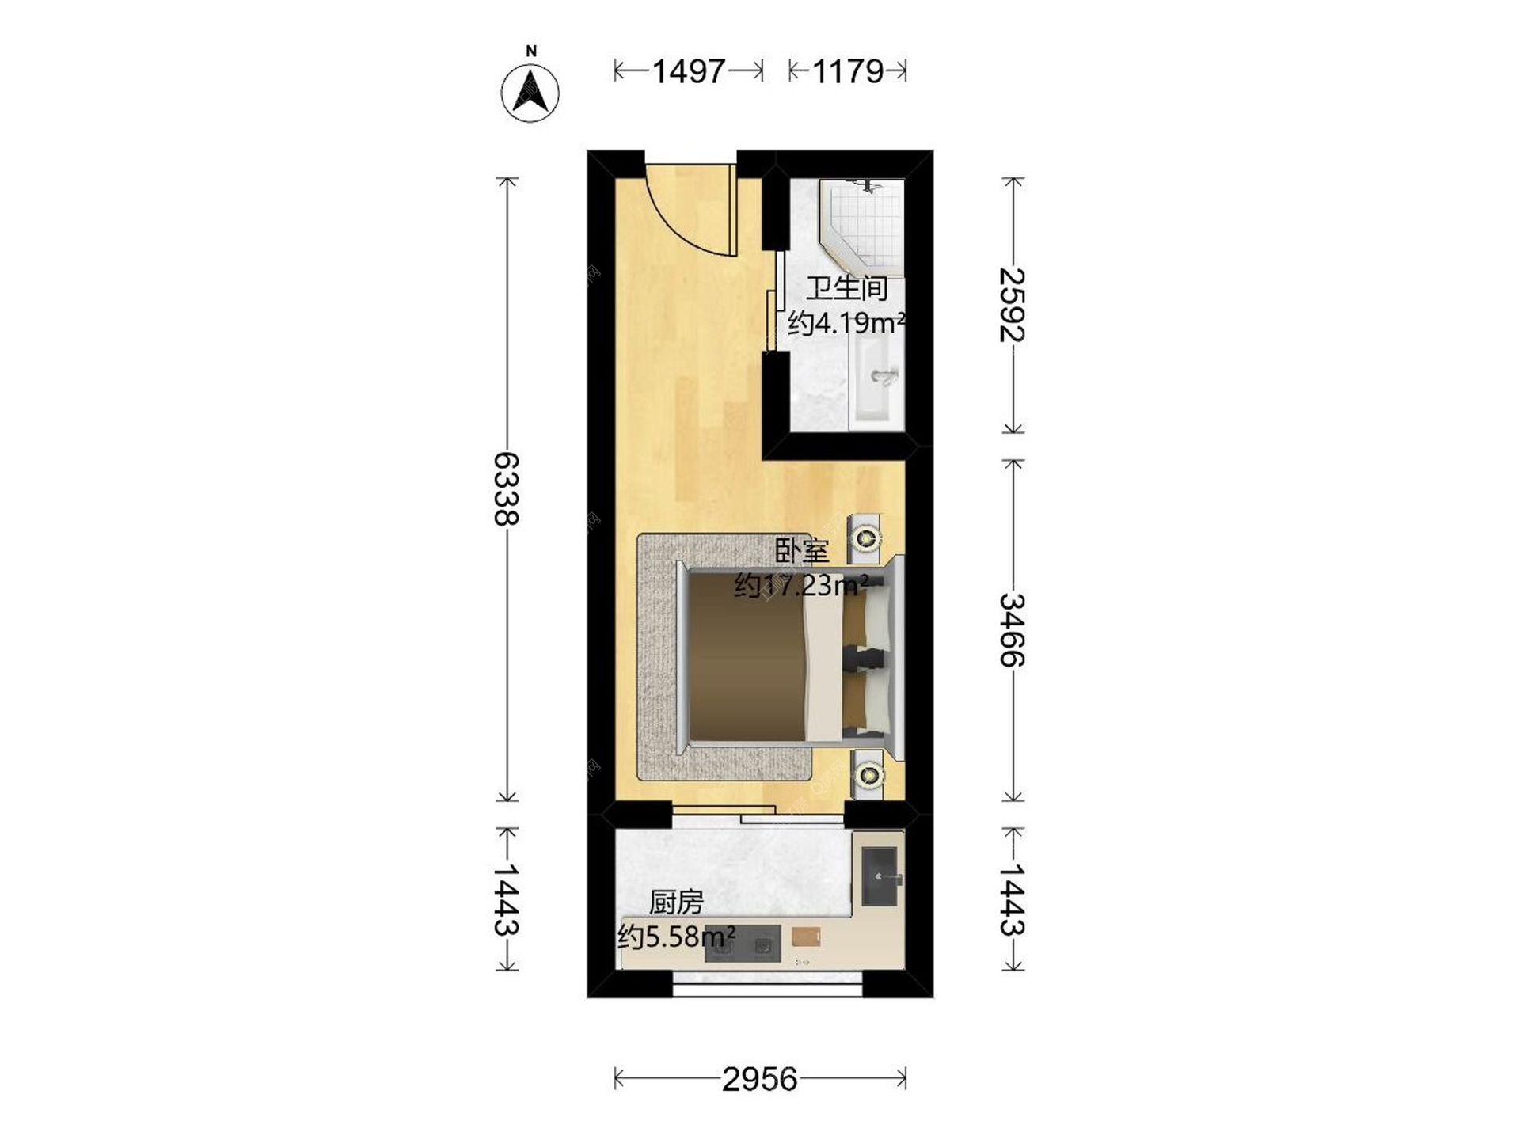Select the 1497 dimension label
689,71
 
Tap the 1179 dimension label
848,71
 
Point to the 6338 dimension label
507,488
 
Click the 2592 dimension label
1013,305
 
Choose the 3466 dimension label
1013,630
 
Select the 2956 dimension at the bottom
760,1079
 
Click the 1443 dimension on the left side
507,899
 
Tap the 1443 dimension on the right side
1013,899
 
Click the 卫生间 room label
847,288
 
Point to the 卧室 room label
802,551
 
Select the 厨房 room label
676,902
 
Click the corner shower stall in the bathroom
862,223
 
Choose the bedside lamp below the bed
868,773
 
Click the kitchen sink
880,876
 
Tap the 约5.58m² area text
677,937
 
